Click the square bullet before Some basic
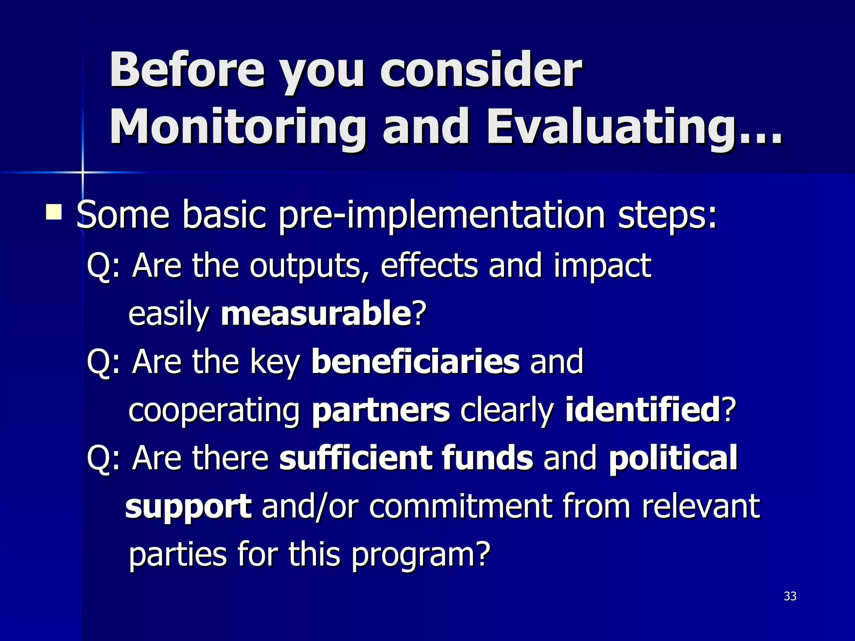54,212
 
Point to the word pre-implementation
442,215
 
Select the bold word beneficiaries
415,361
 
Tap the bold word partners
381,410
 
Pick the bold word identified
642,410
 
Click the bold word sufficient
356,458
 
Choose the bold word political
673,458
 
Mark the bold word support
188,507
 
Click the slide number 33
790,596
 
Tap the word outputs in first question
309,266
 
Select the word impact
602,266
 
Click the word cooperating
214,411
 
